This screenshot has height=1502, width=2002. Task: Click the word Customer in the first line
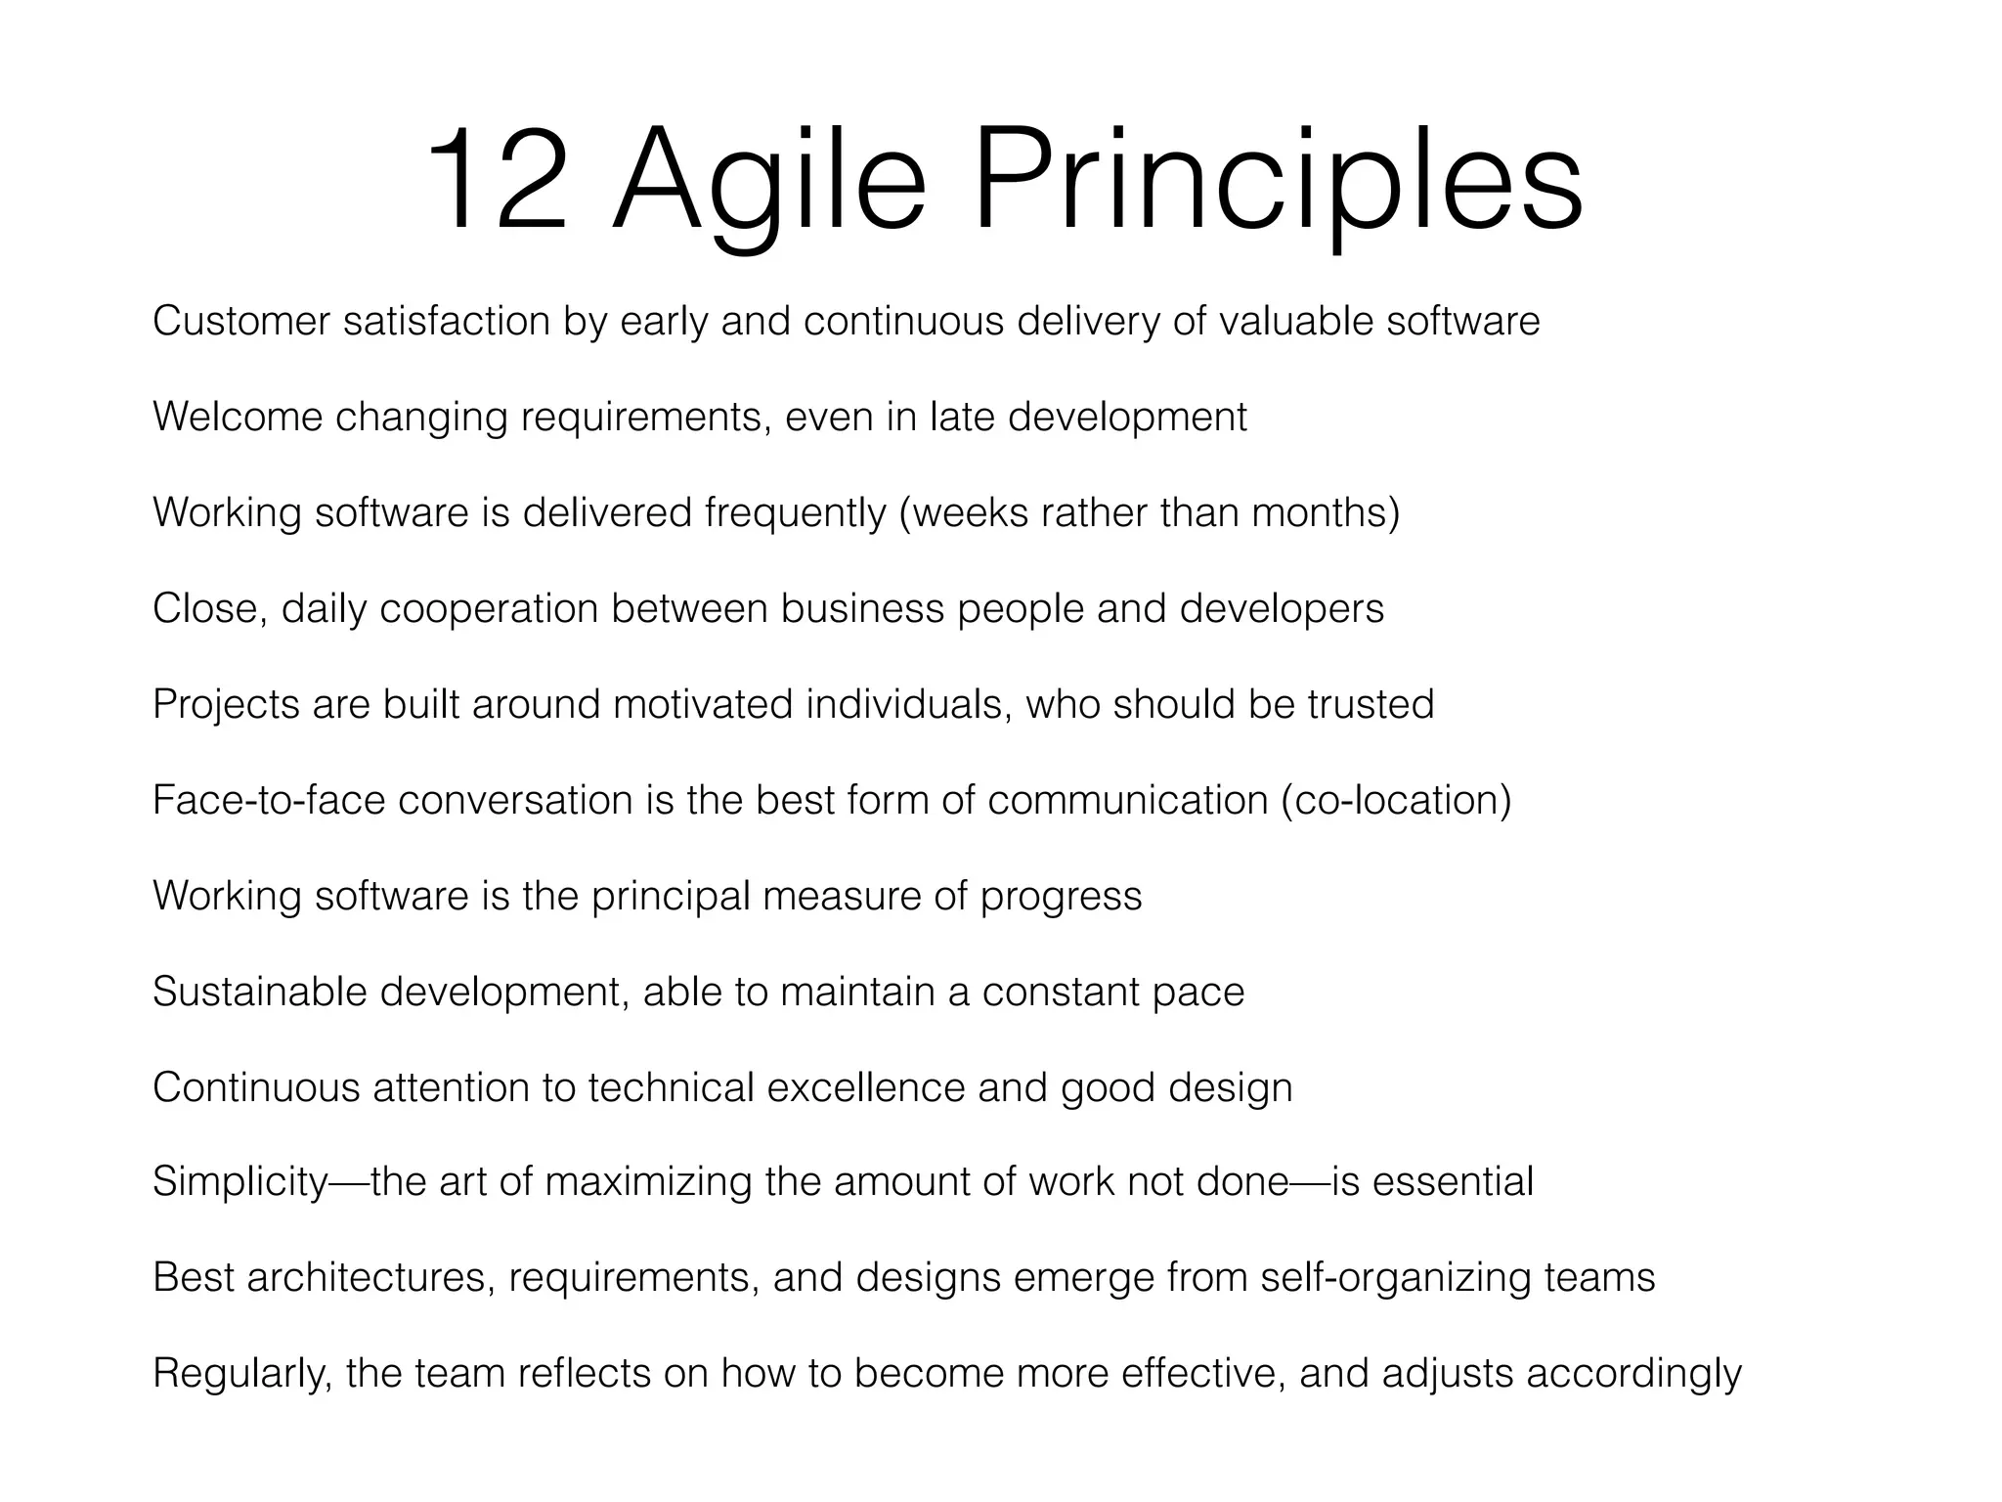point(241,322)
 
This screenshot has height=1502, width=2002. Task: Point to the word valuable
point(1296,322)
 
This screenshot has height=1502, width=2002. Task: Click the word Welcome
point(238,418)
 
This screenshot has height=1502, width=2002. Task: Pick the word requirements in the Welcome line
point(640,418)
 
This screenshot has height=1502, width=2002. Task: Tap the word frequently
point(795,513)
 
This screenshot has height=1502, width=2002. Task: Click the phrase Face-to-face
point(269,801)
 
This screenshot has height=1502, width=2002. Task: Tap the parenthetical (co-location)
point(1396,801)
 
